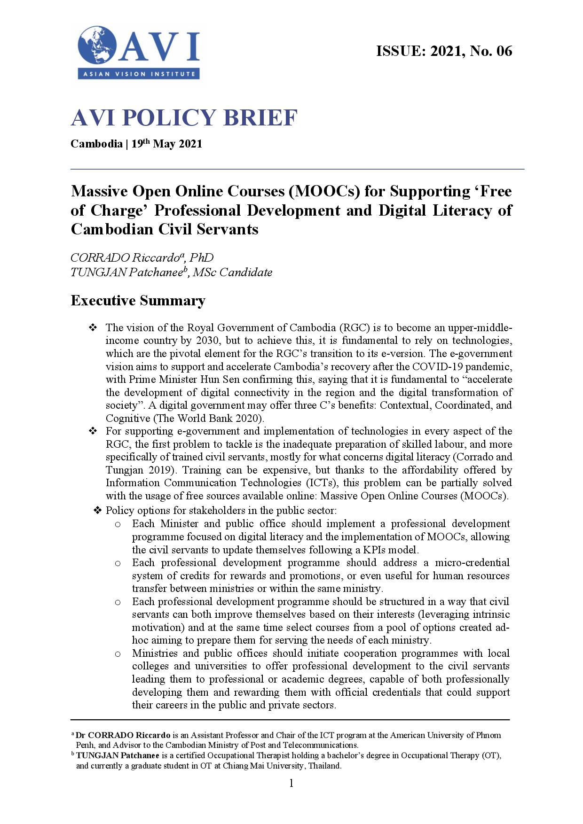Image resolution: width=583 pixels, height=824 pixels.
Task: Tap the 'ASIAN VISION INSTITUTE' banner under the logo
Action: point(139,74)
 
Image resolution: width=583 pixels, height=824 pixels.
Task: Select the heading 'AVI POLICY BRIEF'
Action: point(184,117)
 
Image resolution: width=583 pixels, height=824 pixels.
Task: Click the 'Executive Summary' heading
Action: point(138,301)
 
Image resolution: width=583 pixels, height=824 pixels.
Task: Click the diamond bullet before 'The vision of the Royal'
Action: point(93,327)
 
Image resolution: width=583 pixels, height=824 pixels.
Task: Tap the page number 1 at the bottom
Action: point(291,783)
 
